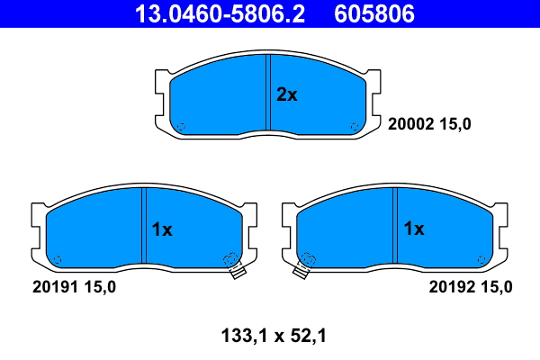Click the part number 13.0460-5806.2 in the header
point(220,13)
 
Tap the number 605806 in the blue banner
point(374,13)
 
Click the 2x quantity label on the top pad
point(286,94)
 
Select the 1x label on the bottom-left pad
point(162,229)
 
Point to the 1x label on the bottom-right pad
point(414,229)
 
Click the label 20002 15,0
point(429,124)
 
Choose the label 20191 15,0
point(74,287)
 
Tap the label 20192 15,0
point(471,287)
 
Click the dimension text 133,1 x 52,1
point(274,336)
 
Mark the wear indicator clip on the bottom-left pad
point(235,266)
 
